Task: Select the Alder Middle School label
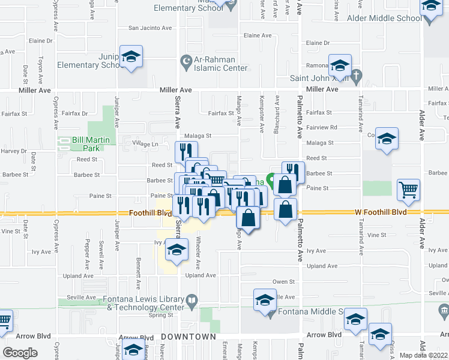point(384,18)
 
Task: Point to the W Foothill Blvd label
point(381,212)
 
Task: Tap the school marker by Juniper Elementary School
point(131,58)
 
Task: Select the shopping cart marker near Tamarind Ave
point(408,190)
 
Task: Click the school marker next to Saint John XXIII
point(340,65)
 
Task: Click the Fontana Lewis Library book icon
point(191,300)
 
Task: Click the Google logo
point(20,353)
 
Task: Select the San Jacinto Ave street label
point(151,28)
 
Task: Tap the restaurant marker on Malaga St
point(186,152)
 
